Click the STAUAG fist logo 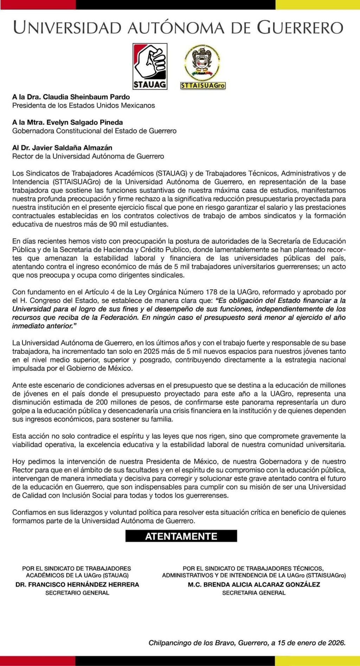150,66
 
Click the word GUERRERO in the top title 300,27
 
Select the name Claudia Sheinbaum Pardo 86,97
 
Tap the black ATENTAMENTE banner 181,536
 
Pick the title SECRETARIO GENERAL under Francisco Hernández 77,593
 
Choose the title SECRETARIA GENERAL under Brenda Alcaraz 254,593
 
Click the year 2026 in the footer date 336,643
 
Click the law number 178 214,292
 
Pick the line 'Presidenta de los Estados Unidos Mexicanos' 83,105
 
